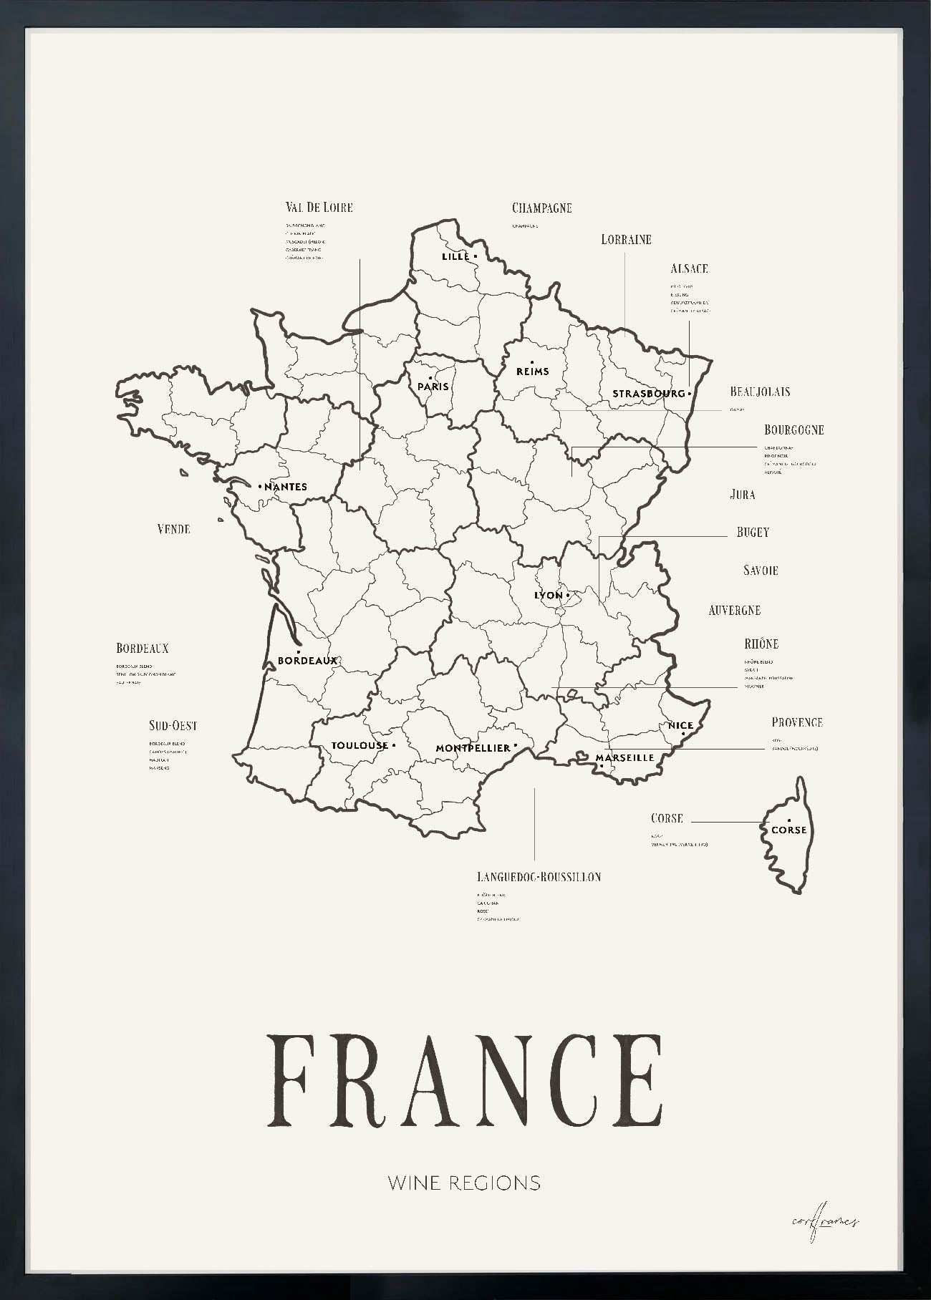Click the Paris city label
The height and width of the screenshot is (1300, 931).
pyautogui.click(x=433, y=387)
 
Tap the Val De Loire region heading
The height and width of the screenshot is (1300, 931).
pyautogui.click(x=319, y=208)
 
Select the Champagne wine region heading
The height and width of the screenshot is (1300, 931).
pyautogui.click(x=541, y=208)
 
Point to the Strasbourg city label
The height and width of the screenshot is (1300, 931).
pyautogui.click(x=648, y=394)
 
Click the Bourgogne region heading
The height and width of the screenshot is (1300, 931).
pyautogui.click(x=793, y=430)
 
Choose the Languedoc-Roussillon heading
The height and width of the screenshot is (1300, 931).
pyautogui.click(x=539, y=877)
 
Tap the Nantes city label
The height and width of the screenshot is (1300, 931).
pyautogui.click(x=285, y=487)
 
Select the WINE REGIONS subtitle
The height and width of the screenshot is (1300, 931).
pyautogui.click(x=464, y=1183)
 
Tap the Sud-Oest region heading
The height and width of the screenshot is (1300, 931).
pyautogui.click(x=173, y=726)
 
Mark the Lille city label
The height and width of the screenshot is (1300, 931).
pyautogui.click(x=455, y=256)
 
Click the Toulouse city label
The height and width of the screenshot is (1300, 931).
pyautogui.click(x=360, y=746)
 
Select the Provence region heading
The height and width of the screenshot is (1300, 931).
pyautogui.click(x=796, y=723)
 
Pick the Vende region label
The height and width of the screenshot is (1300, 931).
pyautogui.click(x=173, y=529)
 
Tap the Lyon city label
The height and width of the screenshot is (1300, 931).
pyautogui.click(x=549, y=596)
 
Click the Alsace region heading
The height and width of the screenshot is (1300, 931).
pyautogui.click(x=689, y=269)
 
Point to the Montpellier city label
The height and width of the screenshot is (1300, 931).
pyautogui.click(x=473, y=748)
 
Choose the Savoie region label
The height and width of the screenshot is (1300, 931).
pyautogui.click(x=760, y=571)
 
